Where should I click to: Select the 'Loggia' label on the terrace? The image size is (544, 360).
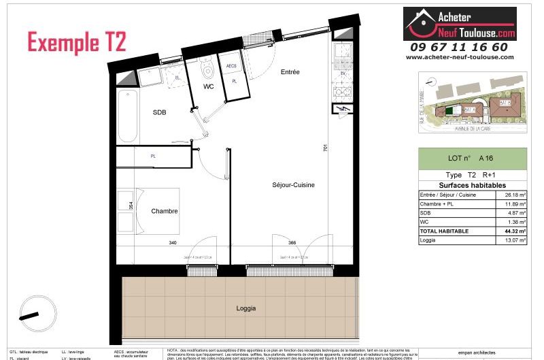247,308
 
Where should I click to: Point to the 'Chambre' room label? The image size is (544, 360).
165,211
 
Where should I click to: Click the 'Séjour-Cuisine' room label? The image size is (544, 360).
293,184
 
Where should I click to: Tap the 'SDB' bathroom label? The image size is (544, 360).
159,112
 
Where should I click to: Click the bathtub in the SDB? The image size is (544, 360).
126,114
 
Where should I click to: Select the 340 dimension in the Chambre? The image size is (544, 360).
173,243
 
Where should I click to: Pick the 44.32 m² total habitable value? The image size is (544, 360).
515,231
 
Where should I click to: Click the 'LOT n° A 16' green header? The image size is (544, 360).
472,157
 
